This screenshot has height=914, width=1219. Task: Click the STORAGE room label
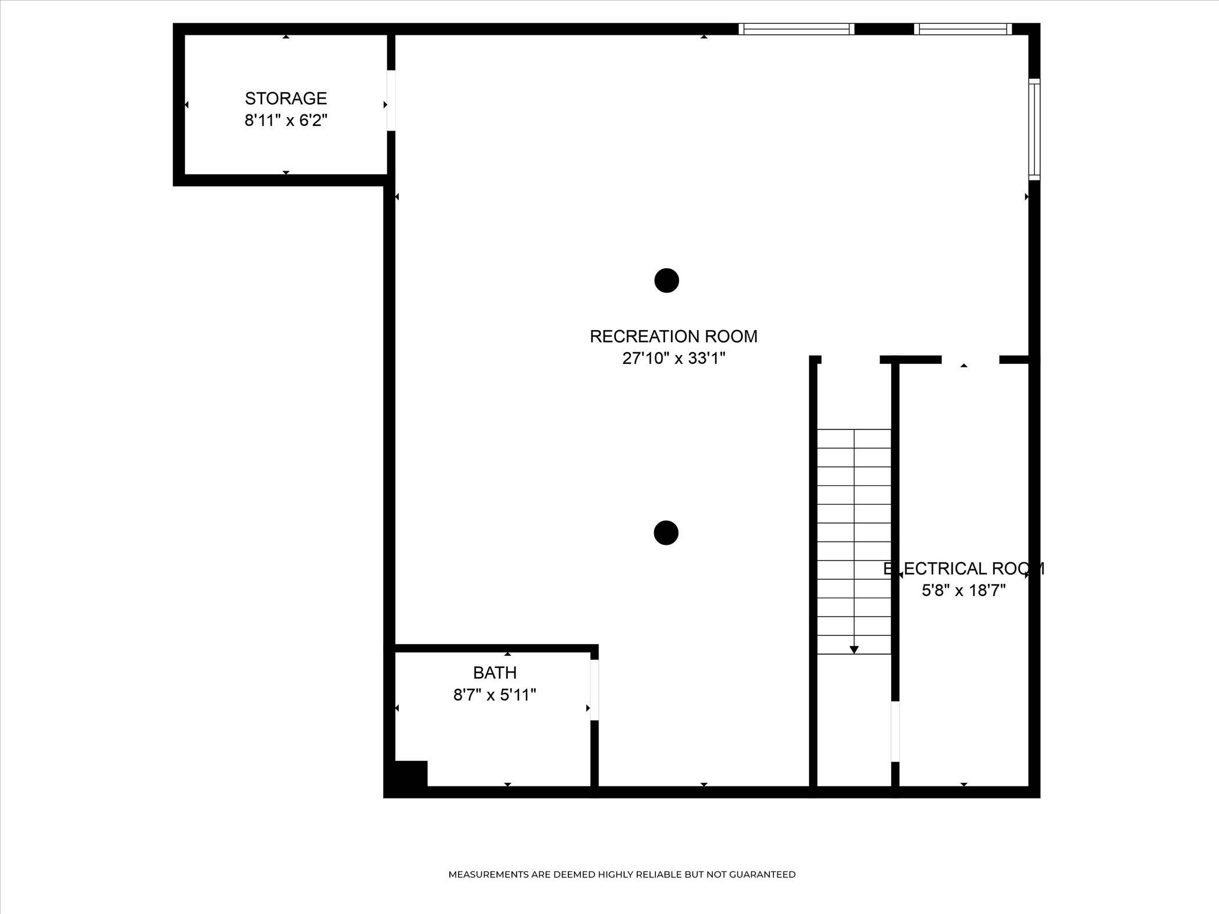click(x=286, y=98)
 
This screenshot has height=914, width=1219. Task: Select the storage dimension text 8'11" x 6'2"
click(x=286, y=121)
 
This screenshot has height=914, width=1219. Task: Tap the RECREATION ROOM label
click(x=673, y=337)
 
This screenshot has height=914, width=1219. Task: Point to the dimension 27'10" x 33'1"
click(x=674, y=359)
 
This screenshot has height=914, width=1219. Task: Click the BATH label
click(x=495, y=673)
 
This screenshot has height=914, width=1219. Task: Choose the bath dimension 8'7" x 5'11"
click(x=495, y=695)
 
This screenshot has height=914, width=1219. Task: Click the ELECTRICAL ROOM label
click(x=964, y=569)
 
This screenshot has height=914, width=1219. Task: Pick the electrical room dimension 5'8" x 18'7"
click(x=964, y=591)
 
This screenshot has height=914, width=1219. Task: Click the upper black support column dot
click(x=666, y=281)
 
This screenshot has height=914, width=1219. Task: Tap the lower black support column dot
click(x=666, y=533)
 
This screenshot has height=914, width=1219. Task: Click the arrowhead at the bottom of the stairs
click(x=854, y=650)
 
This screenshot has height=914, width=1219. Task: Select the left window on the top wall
click(x=796, y=29)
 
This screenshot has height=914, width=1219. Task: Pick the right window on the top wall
click(x=963, y=29)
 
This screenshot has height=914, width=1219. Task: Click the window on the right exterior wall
click(x=1034, y=129)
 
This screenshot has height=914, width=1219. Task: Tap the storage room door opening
click(x=391, y=100)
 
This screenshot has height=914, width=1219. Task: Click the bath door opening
click(x=594, y=690)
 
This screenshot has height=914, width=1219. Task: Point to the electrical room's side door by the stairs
click(x=895, y=731)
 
